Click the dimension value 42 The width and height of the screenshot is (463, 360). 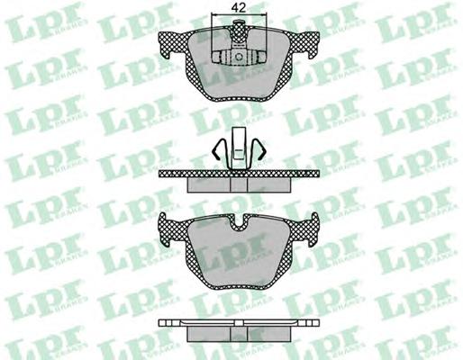pyautogui.click(x=239, y=7)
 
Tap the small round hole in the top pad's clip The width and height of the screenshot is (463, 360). pyautogui.click(x=239, y=57)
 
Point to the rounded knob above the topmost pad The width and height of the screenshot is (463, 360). pyautogui.click(x=239, y=22)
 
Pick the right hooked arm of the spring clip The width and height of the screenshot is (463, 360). pyautogui.click(x=258, y=150)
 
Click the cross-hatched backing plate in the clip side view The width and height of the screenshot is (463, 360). pyautogui.click(x=239, y=174)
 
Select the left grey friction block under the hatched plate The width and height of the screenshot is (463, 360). pyautogui.click(x=208, y=184)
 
